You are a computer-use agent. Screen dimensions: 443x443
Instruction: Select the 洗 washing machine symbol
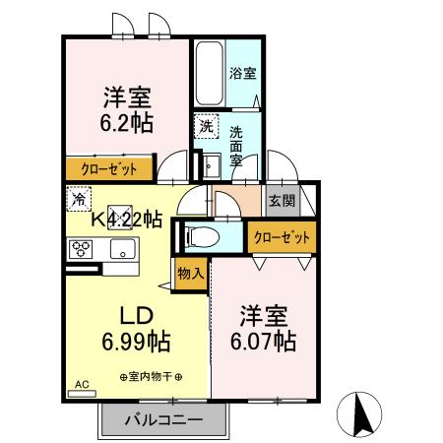pos(205,126)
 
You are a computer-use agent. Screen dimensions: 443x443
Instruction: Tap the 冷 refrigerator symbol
pos(79,198)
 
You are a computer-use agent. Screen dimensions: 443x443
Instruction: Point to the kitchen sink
pos(122,248)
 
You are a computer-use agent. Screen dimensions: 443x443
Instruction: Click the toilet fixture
pos(201,235)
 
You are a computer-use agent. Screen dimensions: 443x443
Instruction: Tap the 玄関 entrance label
pos(280,200)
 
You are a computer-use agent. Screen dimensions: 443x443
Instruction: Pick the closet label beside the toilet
pos(282,237)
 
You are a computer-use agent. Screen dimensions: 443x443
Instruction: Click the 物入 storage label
pos(191,274)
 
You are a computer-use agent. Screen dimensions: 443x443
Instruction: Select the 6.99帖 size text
pos(136,343)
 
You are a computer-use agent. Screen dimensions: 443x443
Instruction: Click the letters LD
pos(135,316)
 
